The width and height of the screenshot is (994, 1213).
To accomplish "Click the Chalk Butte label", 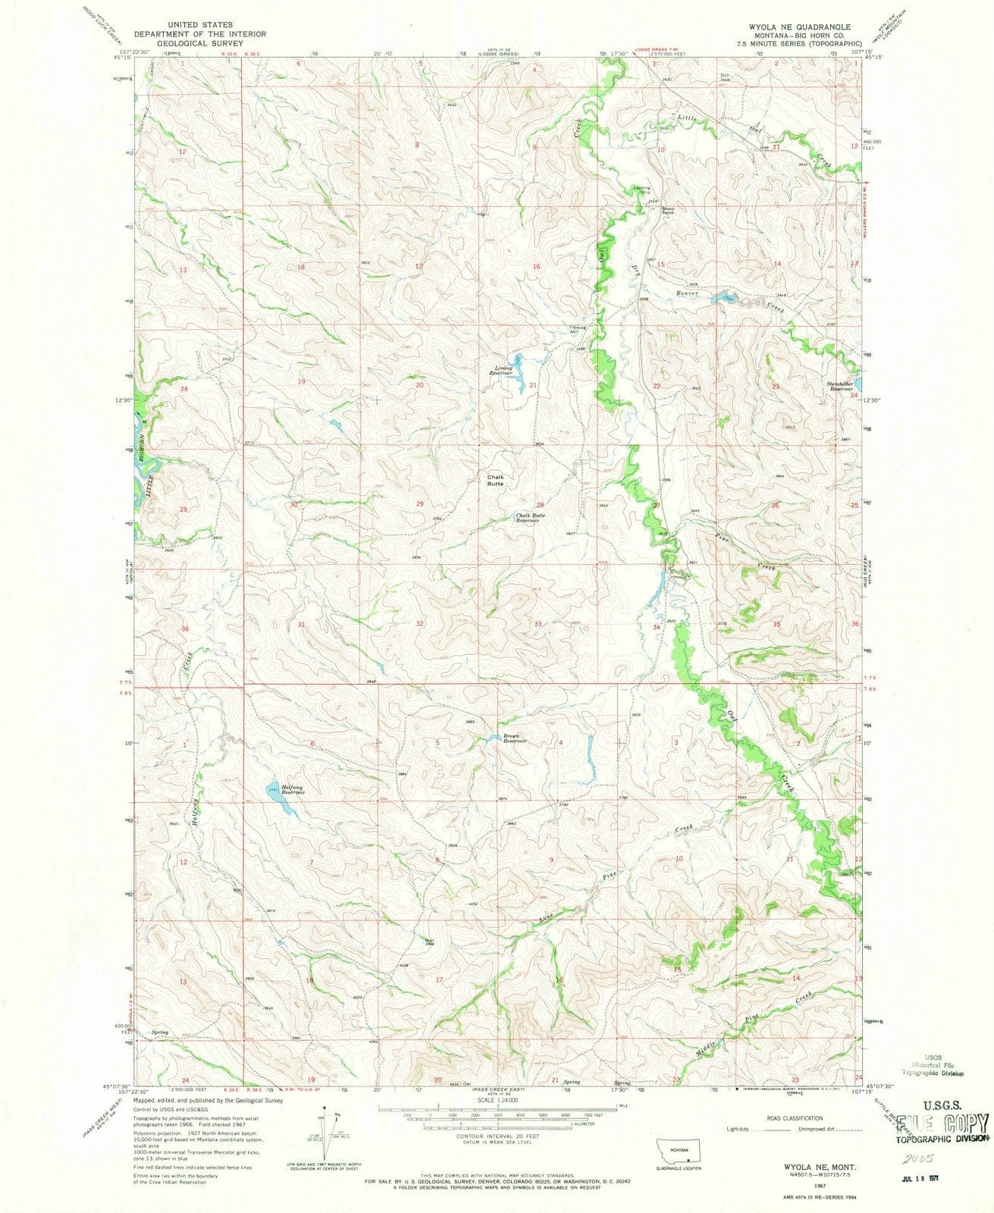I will pyautogui.click(x=494, y=481).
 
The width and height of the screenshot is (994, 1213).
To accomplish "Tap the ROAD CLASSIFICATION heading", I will pyautogui.click(x=794, y=1117).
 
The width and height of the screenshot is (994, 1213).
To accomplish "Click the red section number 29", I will pyautogui.click(x=419, y=504).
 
